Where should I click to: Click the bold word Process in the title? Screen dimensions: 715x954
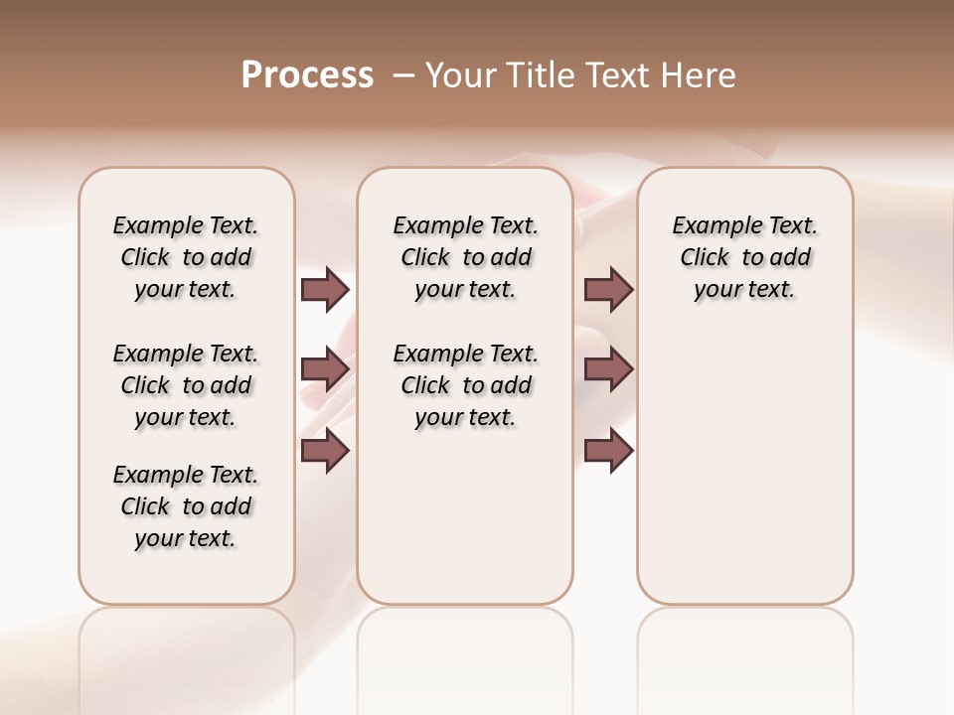pyautogui.click(x=307, y=75)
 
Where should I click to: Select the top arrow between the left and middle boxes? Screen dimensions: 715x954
pyautogui.click(x=325, y=289)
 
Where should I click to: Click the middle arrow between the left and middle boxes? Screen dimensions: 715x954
pyautogui.click(x=325, y=369)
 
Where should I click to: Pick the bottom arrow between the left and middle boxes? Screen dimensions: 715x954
pyautogui.click(x=325, y=450)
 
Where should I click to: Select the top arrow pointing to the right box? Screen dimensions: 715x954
pyautogui.click(x=608, y=289)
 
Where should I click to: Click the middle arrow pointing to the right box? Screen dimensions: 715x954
pyautogui.click(x=608, y=369)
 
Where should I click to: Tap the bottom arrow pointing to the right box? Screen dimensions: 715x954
pyautogui.click(x=608, y=450)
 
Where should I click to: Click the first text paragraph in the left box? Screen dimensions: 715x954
pyautogui.click(x=186, y=257)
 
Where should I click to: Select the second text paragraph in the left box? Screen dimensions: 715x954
pyautogui.click(x=186, y=385)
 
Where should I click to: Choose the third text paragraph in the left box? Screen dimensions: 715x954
pyautogui.click(x=186, y=506)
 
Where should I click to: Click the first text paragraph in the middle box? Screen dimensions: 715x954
pyautogui.click(x=465, y=257)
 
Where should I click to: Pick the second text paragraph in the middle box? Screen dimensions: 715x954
pyautogui.click(x=465, y=385)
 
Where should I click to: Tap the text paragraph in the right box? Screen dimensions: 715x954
pyautogui.click(x=745, y=257)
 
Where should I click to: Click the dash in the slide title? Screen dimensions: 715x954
pyautogui.click(x=404, y=75)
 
